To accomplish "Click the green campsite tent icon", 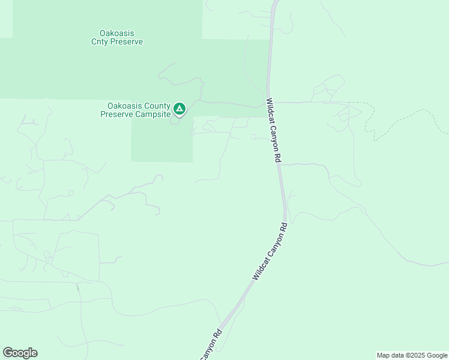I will (179, 109).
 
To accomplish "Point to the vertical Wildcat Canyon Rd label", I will (274, 130).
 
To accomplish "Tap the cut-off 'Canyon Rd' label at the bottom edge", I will (211, 344).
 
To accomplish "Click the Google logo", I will (20, 353).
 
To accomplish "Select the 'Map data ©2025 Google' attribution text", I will (412, 355).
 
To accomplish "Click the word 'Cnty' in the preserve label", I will (100, 42).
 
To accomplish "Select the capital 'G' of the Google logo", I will (8, 352).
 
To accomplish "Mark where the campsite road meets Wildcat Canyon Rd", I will (268, 103).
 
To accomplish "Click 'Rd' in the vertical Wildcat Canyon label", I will (278, 157).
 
